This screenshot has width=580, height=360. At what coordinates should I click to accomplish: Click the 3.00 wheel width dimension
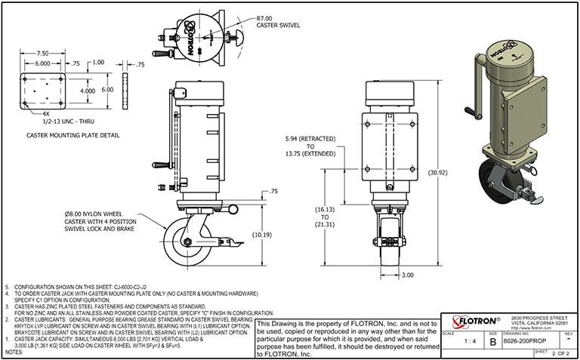(408, 275)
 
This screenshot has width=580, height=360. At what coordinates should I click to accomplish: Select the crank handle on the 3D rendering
(472, 83)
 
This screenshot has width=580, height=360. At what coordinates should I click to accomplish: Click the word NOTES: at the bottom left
(15, 352)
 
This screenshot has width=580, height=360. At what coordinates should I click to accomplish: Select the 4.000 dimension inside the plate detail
(88, 91)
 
